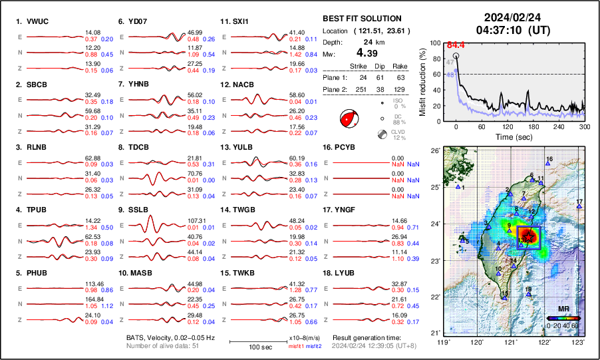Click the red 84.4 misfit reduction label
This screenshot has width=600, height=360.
coord(456,45)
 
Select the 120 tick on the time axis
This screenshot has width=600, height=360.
coord(508,126)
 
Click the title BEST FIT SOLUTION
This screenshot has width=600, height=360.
coord(361,19)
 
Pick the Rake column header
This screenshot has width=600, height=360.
coord(400,67)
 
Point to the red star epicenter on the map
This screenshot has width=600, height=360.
coord(527,237)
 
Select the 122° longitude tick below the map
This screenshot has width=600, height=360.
coord(545,342)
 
